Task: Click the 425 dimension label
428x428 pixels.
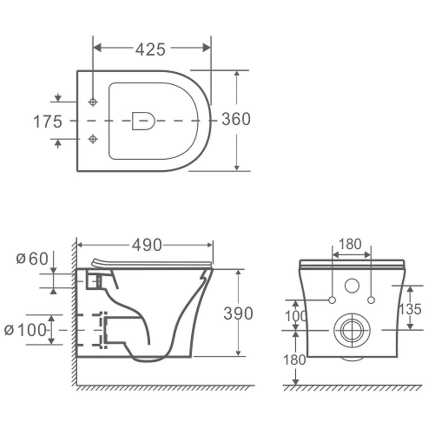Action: (150, 49)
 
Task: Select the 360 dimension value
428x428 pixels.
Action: (236, 119)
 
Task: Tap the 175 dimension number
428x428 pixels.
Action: (48, 122)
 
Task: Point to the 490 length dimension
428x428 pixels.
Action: (147, 245)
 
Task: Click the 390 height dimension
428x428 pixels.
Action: (238, 313)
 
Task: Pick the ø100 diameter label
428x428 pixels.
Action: (25, 330)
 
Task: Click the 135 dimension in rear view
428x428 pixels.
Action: (410, 309)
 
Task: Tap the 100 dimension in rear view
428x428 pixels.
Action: (296, 316)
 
